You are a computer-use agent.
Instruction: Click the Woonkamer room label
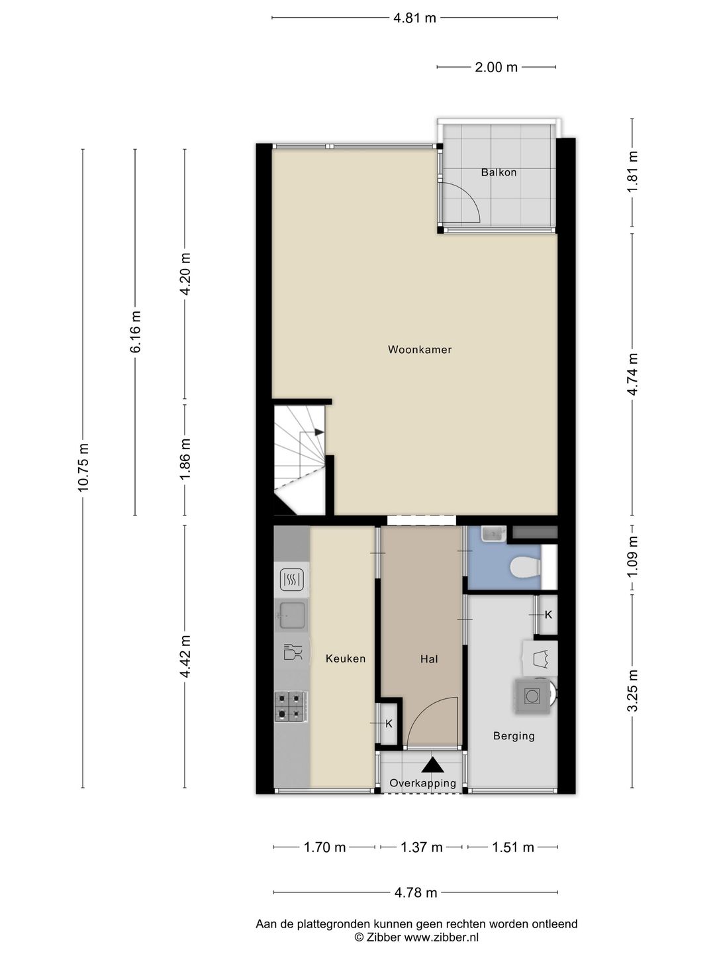click(x=419, y=349)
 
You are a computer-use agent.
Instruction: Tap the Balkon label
click(x=499, y=172)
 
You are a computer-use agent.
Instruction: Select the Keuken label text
click(x=346, y=659)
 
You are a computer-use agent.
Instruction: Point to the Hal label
click(x=429, y=659)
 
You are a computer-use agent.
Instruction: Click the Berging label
click(x=514, y=736)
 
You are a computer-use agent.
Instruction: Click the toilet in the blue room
click(x=525, y=566)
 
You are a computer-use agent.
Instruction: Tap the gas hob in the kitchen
click(x=289, y=706)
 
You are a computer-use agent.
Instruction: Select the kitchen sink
click(x=292, y=615)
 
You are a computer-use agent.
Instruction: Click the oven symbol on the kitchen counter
click(x=292, y=580)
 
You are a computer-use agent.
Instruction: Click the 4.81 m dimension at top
click(x=414, y=19)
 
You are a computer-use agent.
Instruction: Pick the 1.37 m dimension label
click(x=421, y=847)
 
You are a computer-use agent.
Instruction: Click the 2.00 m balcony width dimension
click(x=497, y=68)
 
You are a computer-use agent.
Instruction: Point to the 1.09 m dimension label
click(x=632, y=556)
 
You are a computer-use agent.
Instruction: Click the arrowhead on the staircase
click(x=320, y=432)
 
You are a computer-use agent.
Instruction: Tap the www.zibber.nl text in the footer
click(x=441, y=937)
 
